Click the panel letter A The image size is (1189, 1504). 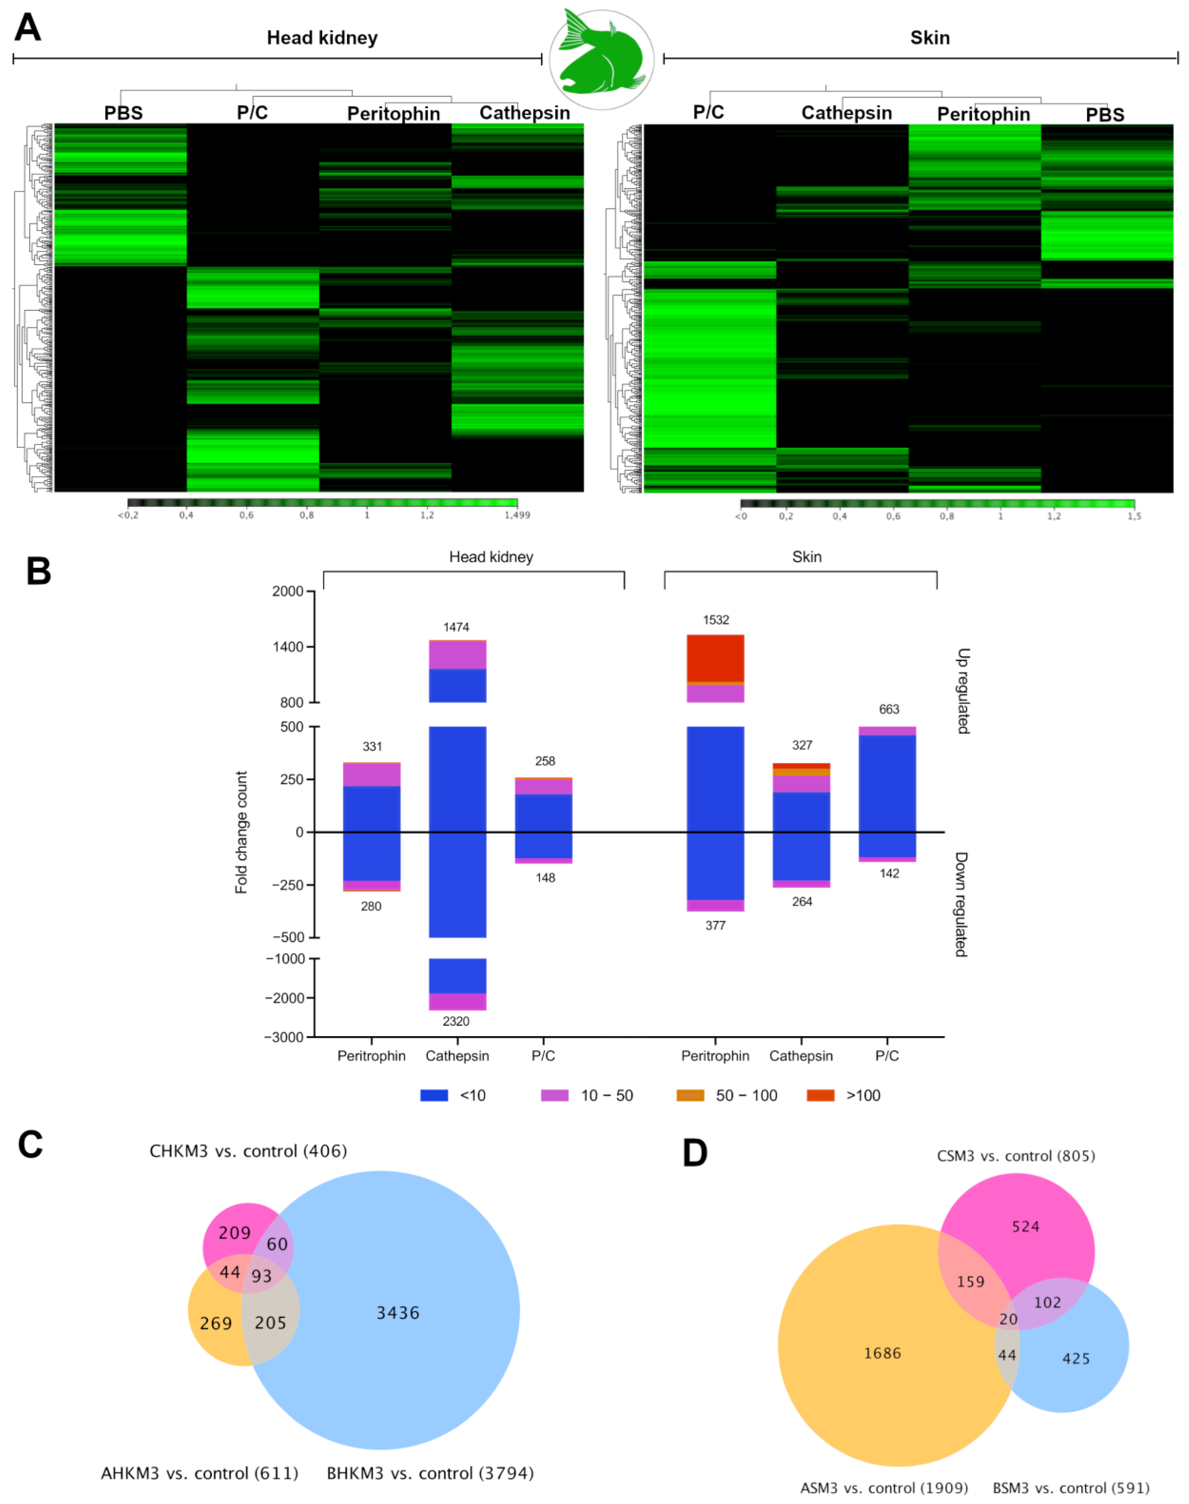point(28,28)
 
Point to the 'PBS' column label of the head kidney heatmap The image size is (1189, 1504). point(123,113)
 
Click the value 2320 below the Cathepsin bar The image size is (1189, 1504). point(456,1021)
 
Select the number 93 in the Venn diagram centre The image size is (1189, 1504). point(262,1276)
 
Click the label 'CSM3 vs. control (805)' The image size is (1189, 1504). point(1016,1156)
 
